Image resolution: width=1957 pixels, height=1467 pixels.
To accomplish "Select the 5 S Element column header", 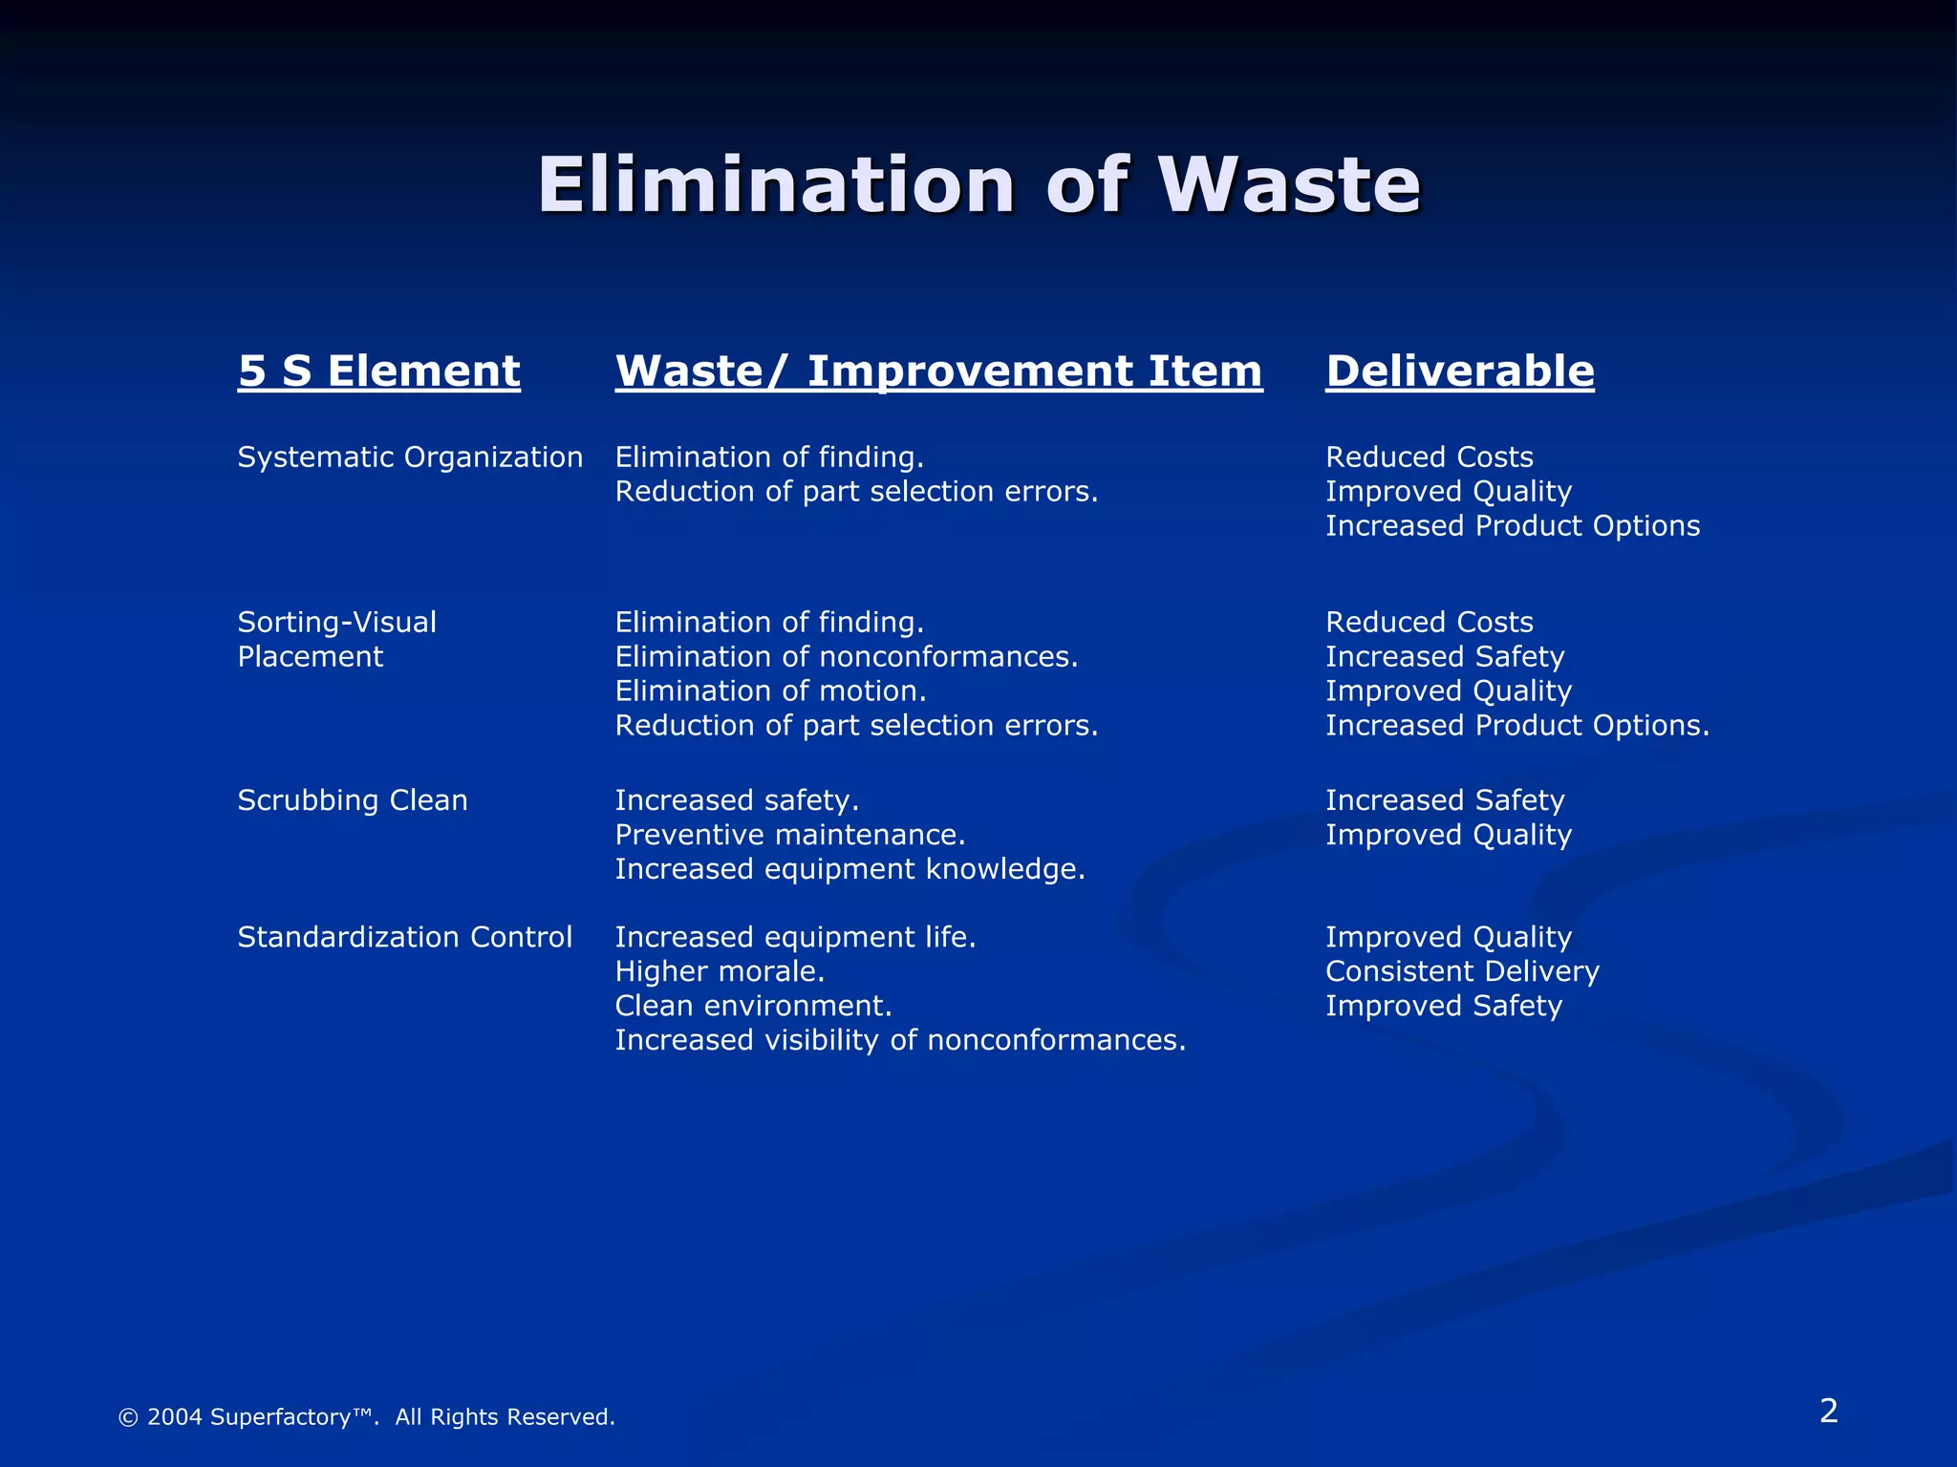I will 378,371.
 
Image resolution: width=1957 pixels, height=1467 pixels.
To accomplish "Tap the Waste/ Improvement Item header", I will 938,371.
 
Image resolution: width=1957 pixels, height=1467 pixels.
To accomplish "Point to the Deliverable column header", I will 1459,371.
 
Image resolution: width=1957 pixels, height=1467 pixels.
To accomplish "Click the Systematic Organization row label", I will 410,457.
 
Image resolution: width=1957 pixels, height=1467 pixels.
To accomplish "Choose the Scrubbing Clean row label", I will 353,800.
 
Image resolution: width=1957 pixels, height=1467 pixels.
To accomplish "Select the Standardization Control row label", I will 404,937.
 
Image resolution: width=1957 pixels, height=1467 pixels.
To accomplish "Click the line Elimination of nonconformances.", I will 846,657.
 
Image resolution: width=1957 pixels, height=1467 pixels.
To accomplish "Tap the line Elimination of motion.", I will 770,691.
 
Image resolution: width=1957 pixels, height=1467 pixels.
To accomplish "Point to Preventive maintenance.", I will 789,835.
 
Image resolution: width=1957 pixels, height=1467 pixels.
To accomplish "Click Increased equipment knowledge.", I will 849,869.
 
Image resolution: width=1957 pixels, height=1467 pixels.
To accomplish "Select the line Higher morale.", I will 720,971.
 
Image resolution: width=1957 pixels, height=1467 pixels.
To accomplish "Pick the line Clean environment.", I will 753,1006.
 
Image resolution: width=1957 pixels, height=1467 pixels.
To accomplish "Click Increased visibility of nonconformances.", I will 900,1040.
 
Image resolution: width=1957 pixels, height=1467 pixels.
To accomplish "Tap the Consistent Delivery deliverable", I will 1462,971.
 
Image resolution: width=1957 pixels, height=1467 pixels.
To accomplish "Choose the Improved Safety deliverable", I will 1443,1006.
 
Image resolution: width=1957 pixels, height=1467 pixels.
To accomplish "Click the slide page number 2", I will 1828,1411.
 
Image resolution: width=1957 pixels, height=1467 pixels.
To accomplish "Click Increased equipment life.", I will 795,937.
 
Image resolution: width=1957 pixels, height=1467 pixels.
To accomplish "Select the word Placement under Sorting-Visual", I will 310,657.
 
